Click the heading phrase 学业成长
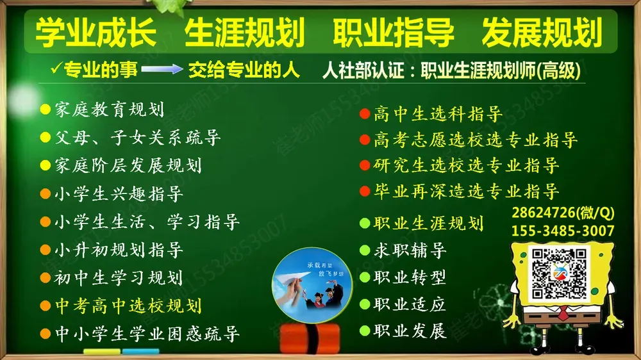pos(96,33)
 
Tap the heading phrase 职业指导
pos(394,33)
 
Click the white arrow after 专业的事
pos(162,70)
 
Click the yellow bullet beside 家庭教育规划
pos(45,109)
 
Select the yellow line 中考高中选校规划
pos(128,306)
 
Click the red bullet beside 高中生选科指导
pos(364,115)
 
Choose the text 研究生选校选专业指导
pos(466,165)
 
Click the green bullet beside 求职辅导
pos(364,250)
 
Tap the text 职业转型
pos(410,277)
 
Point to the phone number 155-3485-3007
pos(563,231)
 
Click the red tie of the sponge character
pos(562,315)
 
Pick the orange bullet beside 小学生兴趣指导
pos(45,193)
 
